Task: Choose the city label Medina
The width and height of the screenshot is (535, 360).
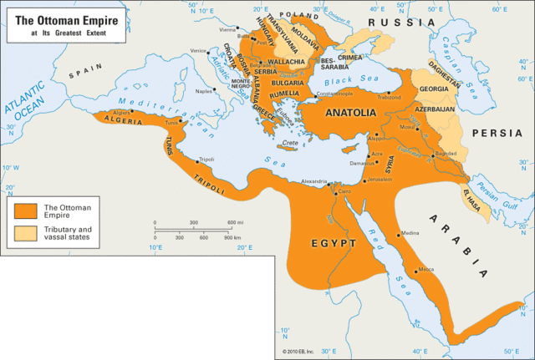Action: [x=410, y=233]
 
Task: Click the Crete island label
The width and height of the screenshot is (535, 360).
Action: [x=290, y=143]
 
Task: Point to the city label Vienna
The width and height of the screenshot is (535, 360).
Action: [x=227, y=29]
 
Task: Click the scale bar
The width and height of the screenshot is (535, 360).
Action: [x=194, y=230]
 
